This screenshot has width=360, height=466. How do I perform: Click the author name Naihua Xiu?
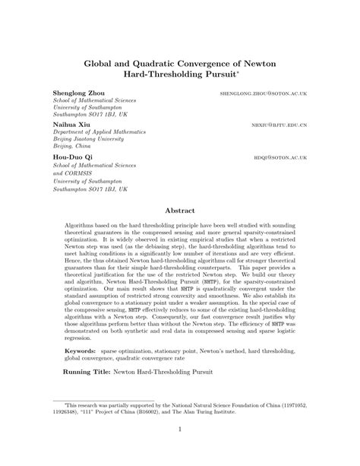pyautogui.click(x=71, y=122)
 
